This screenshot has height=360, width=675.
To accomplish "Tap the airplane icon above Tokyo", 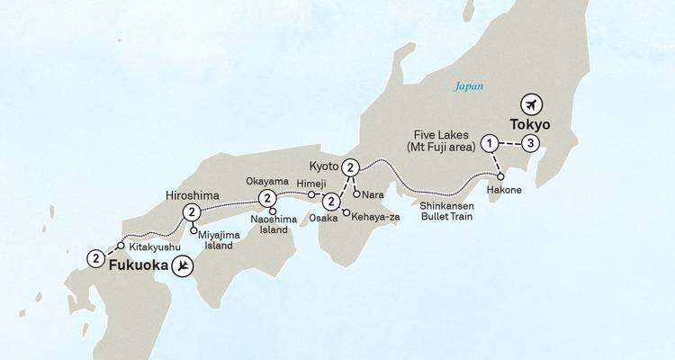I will (x=531, y=102).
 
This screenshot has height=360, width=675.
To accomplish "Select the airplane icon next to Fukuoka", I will (x=184, y=265).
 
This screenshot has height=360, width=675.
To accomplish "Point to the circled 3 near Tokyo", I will (x=532, y=143).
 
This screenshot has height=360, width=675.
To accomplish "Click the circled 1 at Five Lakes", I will (x=490, y=143).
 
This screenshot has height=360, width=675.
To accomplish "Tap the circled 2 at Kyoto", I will (x=351, y=166).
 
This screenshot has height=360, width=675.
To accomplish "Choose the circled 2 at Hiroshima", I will (x=191, y=212).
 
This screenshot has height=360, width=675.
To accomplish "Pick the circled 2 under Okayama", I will (x=266, y=199).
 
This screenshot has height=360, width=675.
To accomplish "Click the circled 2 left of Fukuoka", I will (x=95, y=258).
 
